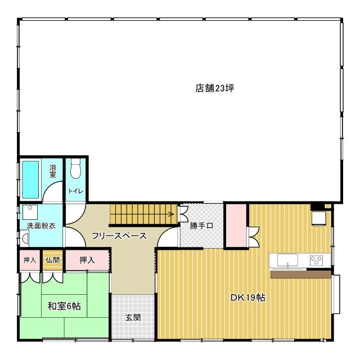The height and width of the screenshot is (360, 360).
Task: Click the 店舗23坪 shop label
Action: tap(214, 88)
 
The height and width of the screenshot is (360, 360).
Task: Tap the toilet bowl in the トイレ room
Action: tap(75, 169)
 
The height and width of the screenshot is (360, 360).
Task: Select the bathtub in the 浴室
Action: tap(30, 179)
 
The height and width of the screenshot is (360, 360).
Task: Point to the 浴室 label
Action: tap(52, 171)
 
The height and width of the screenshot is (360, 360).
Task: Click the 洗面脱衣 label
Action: tap(41, 226)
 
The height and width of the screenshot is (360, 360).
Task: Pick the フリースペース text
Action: tap(119, 236)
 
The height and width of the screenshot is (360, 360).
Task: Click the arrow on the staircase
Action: tap(170, 214)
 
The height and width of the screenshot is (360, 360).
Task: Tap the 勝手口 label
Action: tap(201, 226)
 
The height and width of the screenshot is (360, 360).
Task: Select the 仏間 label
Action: tap(52, 260)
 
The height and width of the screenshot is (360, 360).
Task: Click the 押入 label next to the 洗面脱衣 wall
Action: tap(30, 260)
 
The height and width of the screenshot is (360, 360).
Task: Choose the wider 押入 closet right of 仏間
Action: tap(87, 260)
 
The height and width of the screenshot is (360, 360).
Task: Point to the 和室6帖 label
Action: tap(64, 306)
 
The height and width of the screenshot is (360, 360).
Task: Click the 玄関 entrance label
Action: tap(133, 317)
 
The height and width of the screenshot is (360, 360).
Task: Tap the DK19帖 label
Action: tap(247, 298)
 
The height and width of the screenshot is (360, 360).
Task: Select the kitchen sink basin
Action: tap(287, 260)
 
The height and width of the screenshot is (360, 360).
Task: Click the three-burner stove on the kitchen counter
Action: tap(316, 260)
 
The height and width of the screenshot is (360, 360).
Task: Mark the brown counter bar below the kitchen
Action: tap(301, 274)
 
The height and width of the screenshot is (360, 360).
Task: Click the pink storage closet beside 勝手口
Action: tap(236, 226)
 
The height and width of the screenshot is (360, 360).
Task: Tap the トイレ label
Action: tap(75, 191)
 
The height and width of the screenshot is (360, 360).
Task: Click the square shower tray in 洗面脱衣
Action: tap(30, 212)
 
